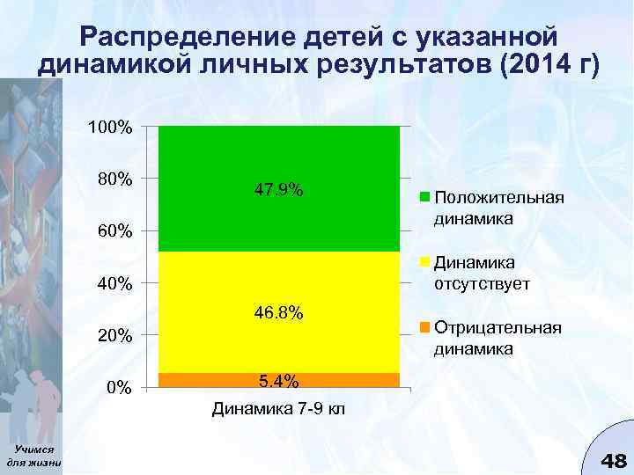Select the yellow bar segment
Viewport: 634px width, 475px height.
tap(278, 281)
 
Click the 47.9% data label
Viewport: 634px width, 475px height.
tap(278, 190)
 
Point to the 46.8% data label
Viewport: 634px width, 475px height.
tap(278, 312)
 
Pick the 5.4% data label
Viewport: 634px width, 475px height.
tap(278, 381)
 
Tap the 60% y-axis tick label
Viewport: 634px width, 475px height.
tap(114, 232)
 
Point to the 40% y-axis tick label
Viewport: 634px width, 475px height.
tap(114, 284)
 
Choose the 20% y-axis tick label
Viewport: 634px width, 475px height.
tap(114, 336)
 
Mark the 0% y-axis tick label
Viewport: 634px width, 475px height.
tap(119, 388)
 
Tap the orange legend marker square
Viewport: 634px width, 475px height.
tap(424, 328)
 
